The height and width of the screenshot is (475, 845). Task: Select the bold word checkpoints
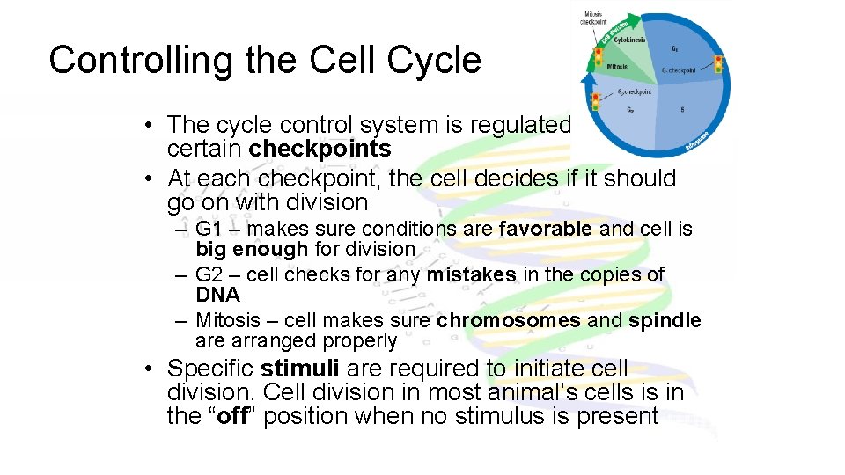click(x=320, y=149)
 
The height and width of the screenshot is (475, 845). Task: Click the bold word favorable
click(x=545, y=230)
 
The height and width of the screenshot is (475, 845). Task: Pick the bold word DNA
click(x=217, y=295)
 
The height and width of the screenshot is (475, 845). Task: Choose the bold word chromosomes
click(x=508, y=321)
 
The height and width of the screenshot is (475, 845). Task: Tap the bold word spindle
click(x=665, y=321)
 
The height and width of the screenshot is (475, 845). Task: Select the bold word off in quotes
click(x=231, y=415)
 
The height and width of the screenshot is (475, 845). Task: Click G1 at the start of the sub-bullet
click(x=210, y=230)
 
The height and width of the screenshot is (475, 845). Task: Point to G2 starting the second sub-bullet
click(x=210, y=275)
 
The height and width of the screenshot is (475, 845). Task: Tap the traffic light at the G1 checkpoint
click(x=718, y=64)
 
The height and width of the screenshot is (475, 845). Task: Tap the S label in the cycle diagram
click(x=683, y=110)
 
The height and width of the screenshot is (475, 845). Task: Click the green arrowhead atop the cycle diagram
click(x=648, y=18)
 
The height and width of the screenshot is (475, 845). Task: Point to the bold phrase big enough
click(x=252, y=249)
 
